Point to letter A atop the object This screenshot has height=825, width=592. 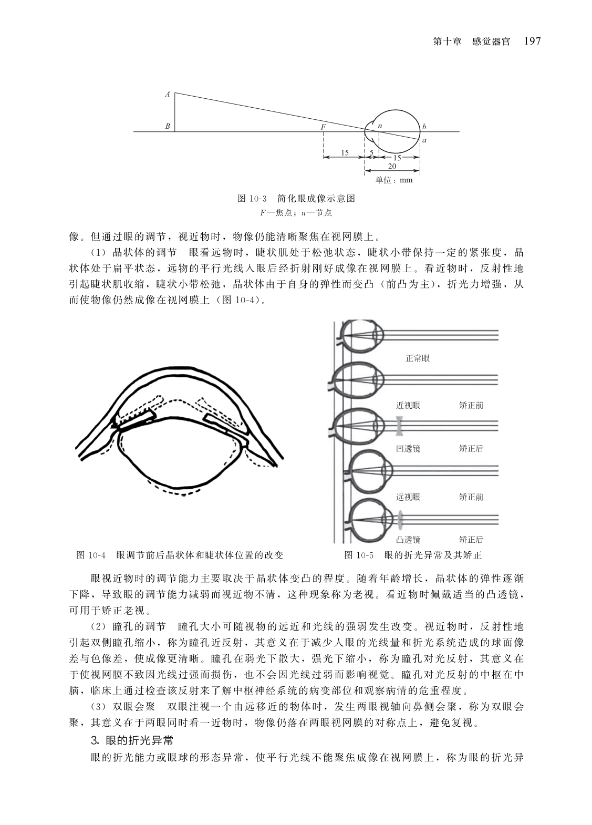click(168, 94)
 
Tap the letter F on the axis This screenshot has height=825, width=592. click(323, 127)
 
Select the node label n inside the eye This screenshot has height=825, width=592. click(380, 126)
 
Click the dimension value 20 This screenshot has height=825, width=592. click(392, 167)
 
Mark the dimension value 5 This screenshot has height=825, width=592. click(371, 152)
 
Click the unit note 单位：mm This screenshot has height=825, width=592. click(394, 180)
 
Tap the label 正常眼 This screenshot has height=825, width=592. click(418, 358)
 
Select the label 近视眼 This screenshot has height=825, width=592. click(408, 406)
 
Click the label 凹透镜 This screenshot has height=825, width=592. click(408, 449)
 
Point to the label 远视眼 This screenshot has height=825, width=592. click(408, 497)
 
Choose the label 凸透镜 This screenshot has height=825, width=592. click(408, 540)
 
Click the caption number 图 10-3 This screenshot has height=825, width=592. click(252, 199)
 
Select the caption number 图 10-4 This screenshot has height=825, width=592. click(91, 555)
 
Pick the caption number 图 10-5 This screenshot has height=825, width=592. click(359, 555)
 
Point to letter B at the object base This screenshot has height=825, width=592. click(168, 126)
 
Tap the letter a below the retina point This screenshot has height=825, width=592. click(424, 140)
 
